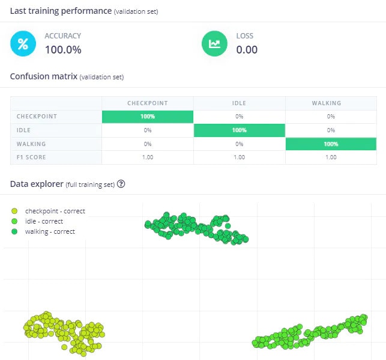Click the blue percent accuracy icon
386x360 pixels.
coord(23,43)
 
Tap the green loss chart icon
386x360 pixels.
coord(214,43)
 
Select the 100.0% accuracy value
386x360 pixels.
coord(63,50)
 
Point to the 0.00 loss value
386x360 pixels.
coord(247,50)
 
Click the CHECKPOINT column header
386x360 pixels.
coord(148,103)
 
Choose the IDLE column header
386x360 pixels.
coord(239,103)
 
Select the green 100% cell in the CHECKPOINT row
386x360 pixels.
coord(148,116)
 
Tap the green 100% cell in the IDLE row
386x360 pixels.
coord(239,130)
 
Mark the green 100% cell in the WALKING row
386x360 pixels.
coord(331,144)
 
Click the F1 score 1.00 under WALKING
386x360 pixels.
coord(331,157)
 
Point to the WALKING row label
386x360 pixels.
coord(31,144)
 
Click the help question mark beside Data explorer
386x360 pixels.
coord(121,184)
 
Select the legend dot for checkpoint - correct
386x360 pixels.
coord(14,211)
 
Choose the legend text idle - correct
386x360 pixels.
coord(44,221)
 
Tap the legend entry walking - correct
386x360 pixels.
coord(50,231)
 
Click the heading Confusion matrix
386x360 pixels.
coord(43,76)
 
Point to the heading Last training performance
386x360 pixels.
coord(60,11)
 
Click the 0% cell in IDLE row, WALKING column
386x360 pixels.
coord(331,130)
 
